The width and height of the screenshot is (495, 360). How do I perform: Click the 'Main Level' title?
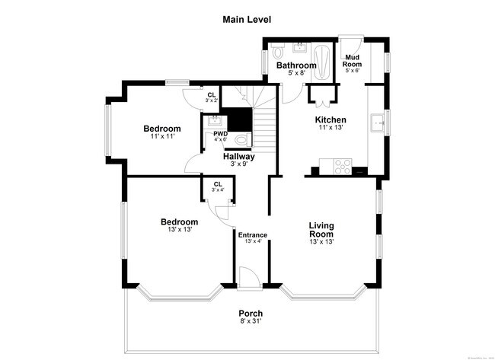click(x=247, y=19)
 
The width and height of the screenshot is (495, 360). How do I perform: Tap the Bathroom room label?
click(x=295, y=66)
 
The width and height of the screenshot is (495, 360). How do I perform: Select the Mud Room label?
click(x=352, y=59)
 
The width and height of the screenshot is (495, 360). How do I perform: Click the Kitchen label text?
click(x=331, y=120)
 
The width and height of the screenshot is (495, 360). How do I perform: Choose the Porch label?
click(x=251, y=314)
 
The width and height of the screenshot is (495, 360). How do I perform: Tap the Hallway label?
click(x=238, y=157)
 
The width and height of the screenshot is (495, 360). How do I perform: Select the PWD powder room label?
click(x=220, y=134)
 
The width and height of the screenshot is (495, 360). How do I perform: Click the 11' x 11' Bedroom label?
click(x=162, y=129)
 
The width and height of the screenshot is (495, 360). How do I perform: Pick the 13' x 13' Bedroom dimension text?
click(x=180, y=229)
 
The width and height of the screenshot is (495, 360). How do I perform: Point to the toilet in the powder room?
click(x=241, y=140)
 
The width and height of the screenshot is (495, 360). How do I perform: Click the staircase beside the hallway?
click(x=262, y=126)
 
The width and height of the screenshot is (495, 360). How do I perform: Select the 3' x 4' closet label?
click(x=218, y=186)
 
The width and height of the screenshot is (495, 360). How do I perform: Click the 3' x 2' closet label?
click(x=212, y=97)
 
